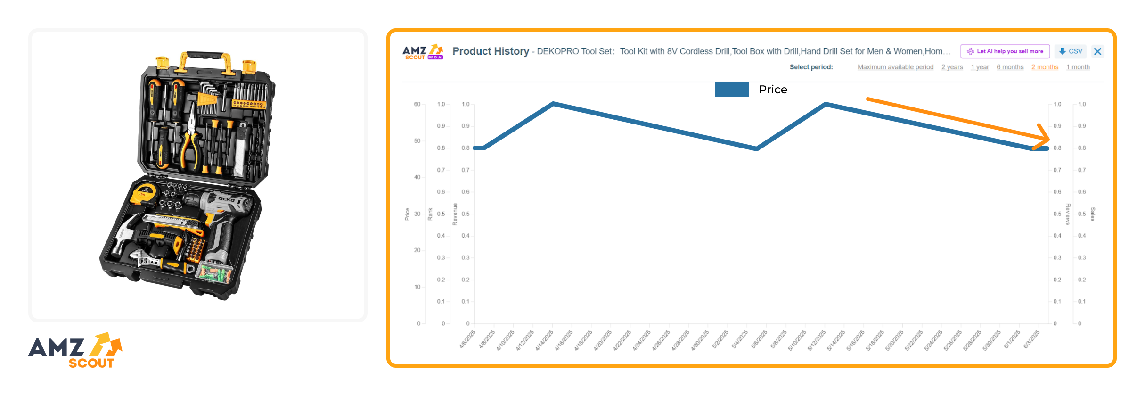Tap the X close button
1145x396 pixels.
coord(1097,51)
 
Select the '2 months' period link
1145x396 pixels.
coord(1044,67)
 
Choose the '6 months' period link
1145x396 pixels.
coord(1010,67)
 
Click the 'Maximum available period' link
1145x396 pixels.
coord(895,67)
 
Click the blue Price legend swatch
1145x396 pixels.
coord(732,90)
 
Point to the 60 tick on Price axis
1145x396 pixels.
coord(417,104)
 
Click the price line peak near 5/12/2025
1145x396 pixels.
coord(826,104)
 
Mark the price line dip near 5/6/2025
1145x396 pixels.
coord(756,148)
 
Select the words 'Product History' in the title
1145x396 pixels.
coord(491,51)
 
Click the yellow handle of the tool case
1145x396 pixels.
coord(206,57)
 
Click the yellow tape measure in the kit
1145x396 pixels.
coord(144,193)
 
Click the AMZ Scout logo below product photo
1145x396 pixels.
coord(75,351)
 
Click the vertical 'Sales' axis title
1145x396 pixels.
coord(1092,214)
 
